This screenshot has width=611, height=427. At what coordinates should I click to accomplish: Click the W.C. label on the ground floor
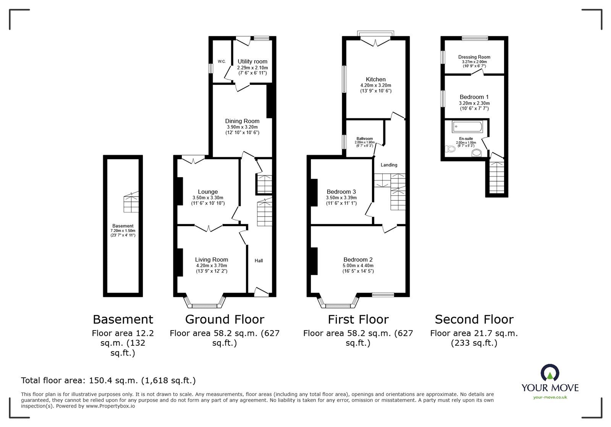(x=221, y=61)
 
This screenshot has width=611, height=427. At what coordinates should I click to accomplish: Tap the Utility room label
(x=252, y=61)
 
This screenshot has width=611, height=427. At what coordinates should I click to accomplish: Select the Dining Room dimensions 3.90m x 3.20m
(x=242, y=127)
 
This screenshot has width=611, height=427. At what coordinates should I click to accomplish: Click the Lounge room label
(x=208, y=192)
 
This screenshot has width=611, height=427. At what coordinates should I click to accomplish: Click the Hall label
(x=259, y=261)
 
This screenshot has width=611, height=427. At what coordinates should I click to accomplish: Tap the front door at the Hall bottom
(x=261, y=292)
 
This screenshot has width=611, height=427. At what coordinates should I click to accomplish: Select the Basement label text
(x=123, y=226)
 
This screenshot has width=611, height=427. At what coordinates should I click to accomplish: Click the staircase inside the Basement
(x=131, y=202)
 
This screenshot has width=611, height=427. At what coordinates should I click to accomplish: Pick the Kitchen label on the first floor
(x=375, y=79)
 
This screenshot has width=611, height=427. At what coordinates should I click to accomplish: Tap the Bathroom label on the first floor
(x=365, y=139)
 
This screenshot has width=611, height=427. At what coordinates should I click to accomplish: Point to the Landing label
(x=389, y=165)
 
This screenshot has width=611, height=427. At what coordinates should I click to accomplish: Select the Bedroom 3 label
(x=341, y=192)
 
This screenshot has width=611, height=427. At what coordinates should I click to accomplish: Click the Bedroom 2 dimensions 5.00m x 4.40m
(x=358, y=266)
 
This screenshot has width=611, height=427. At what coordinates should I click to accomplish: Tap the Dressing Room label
(x=474, y=57)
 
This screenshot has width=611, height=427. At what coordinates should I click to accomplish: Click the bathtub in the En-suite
(x=467, y=126)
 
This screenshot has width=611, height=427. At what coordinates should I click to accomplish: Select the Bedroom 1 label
(x=474, y=97)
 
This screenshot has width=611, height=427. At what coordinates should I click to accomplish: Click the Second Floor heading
(x=474, y=319)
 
